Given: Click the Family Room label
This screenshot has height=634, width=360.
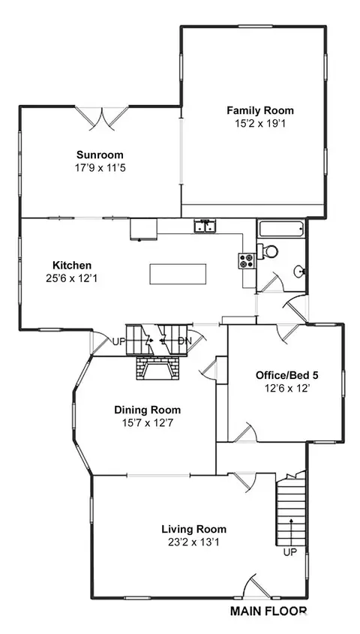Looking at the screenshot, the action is coord(259,110).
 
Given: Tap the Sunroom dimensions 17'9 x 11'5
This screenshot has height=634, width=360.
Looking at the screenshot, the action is coord(100,167).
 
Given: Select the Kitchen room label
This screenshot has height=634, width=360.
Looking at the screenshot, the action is coord(72,266).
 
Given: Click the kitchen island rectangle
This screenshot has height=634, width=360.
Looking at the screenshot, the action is coord(178,274).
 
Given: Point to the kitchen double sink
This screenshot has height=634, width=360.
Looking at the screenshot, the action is coord(205,227).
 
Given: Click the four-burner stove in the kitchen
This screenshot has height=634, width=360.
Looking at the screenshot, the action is coord(247,261).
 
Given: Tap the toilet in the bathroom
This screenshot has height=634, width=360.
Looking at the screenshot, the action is coord(268,251).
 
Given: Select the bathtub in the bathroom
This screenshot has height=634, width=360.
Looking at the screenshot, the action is coord(281,230).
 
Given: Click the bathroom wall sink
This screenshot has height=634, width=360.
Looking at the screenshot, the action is coord(299,271).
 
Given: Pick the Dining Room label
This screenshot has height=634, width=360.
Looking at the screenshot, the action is coord(148,410).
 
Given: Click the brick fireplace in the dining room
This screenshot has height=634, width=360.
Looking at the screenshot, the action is coord(157,368).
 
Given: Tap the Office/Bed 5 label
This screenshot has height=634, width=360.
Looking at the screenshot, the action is coord(286,375).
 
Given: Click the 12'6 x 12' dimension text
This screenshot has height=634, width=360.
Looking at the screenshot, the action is coord(287,389).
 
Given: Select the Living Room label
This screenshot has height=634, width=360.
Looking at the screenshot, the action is coord(194,529).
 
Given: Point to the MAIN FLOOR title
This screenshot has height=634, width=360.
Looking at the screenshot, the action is coord(268,611).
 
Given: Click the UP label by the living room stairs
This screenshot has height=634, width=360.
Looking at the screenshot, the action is coord(290,552).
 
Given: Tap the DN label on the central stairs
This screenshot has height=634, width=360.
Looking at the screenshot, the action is coord(184,341).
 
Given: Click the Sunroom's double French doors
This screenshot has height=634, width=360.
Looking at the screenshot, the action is coord(102,117).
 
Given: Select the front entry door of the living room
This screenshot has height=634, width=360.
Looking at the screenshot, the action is coord(257,586).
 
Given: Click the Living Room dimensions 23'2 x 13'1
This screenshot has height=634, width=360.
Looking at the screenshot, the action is coord(194,542).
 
